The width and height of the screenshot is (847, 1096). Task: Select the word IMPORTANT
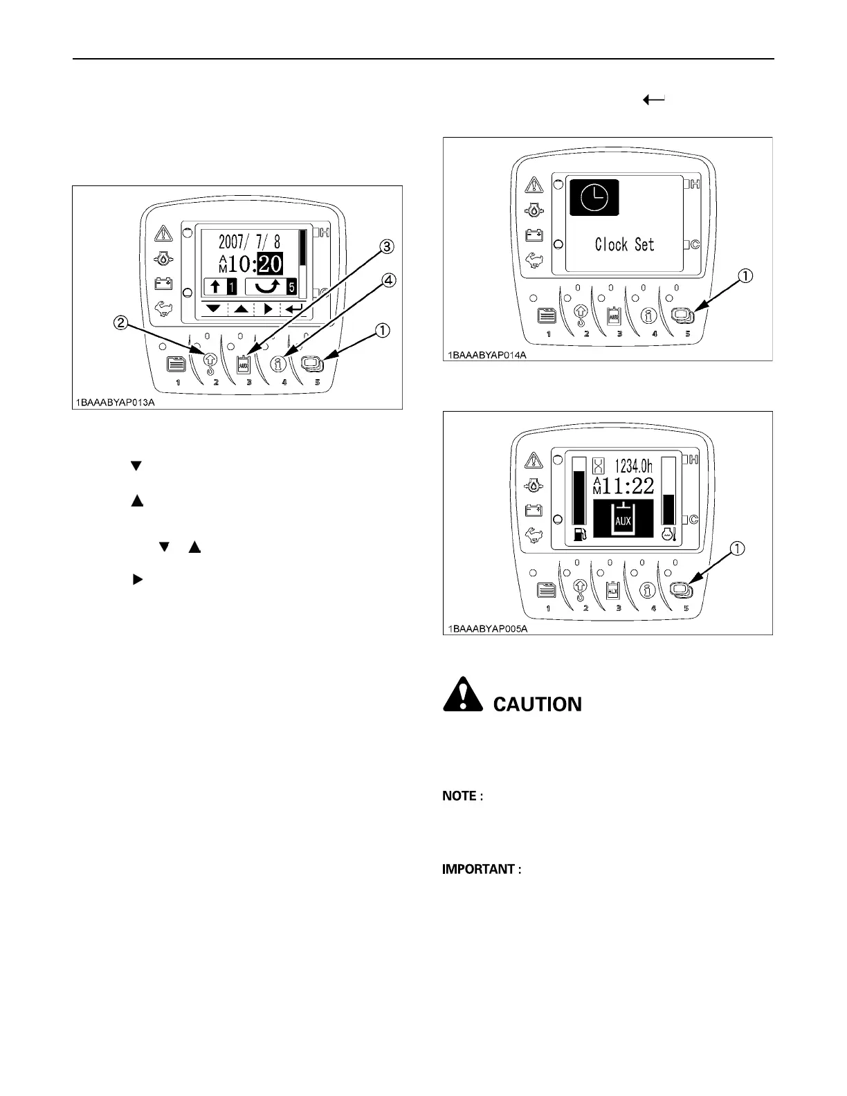coord(478,869)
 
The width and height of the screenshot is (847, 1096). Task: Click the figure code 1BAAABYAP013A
coord(115,402)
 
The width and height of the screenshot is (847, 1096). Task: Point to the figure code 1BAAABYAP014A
coord(486,354)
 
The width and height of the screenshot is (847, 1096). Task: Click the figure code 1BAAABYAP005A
coord(486,628)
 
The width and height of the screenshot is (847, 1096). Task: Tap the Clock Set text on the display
coord(624,244)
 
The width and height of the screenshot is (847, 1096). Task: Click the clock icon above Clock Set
coord(594,199)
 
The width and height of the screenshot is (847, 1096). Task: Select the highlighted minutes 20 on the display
coord(269,263)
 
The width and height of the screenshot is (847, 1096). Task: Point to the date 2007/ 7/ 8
coord(249,241)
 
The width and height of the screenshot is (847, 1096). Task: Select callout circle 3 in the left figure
coord(388,246)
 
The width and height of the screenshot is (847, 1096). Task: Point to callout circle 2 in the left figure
coord(120,322)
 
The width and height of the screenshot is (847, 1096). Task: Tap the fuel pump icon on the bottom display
coord(579,535)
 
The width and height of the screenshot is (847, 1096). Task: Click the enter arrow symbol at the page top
coord(654,100)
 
